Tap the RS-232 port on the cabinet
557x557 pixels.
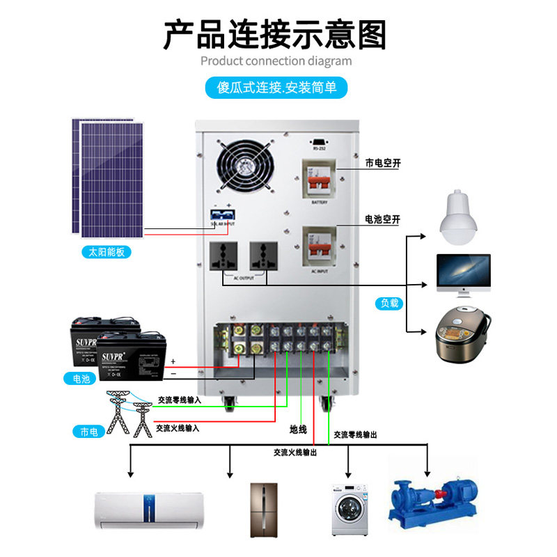tap(319, 140)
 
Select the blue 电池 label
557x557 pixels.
tap(81, 379)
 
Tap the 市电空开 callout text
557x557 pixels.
tap(383, 164)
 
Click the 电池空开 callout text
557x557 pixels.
tap(383, 219)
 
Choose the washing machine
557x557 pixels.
tap(349, 508)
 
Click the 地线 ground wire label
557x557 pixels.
tap(298, 430)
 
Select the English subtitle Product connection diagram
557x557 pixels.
tap(276, 61)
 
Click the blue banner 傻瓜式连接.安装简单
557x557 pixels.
tap(276, 88)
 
